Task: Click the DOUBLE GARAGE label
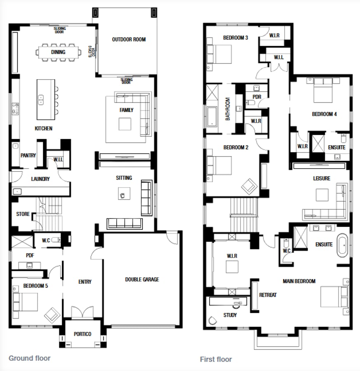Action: pyautogui.click(x=142, y=279)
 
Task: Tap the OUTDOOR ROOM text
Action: pyautogui.click(x=129, y=40)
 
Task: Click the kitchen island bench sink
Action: pyautogui.click(x=41, y=99)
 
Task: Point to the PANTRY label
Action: pyautogui.click(x=28, y=155)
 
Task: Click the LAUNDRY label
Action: pyautogui.click(x=40, y=179)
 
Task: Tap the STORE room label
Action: pyautogui.click(x=23, y=214)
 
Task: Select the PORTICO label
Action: pyautogui.click(x=82, y=334)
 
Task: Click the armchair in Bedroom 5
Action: pyautogui.click(x=52, y=315)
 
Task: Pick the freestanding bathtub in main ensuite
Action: pyautogui.click(x=343, y=246)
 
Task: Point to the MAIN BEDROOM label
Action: pyautogui.click(x=299, y=281)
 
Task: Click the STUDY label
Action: pyautogui.click(x=230, y=315)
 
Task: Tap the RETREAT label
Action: pyautogui.click(x=268, y=295)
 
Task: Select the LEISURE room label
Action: pyautogui.click(x=321, y=178)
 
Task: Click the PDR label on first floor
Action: pyautogui.click(x=257, y=97)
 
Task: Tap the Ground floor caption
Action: pyautogui.click(x=30, y=358)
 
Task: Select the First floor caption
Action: pyautogui.click(x=216, y=359)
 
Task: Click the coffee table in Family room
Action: pyautogui.click(x=125, y=124)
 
